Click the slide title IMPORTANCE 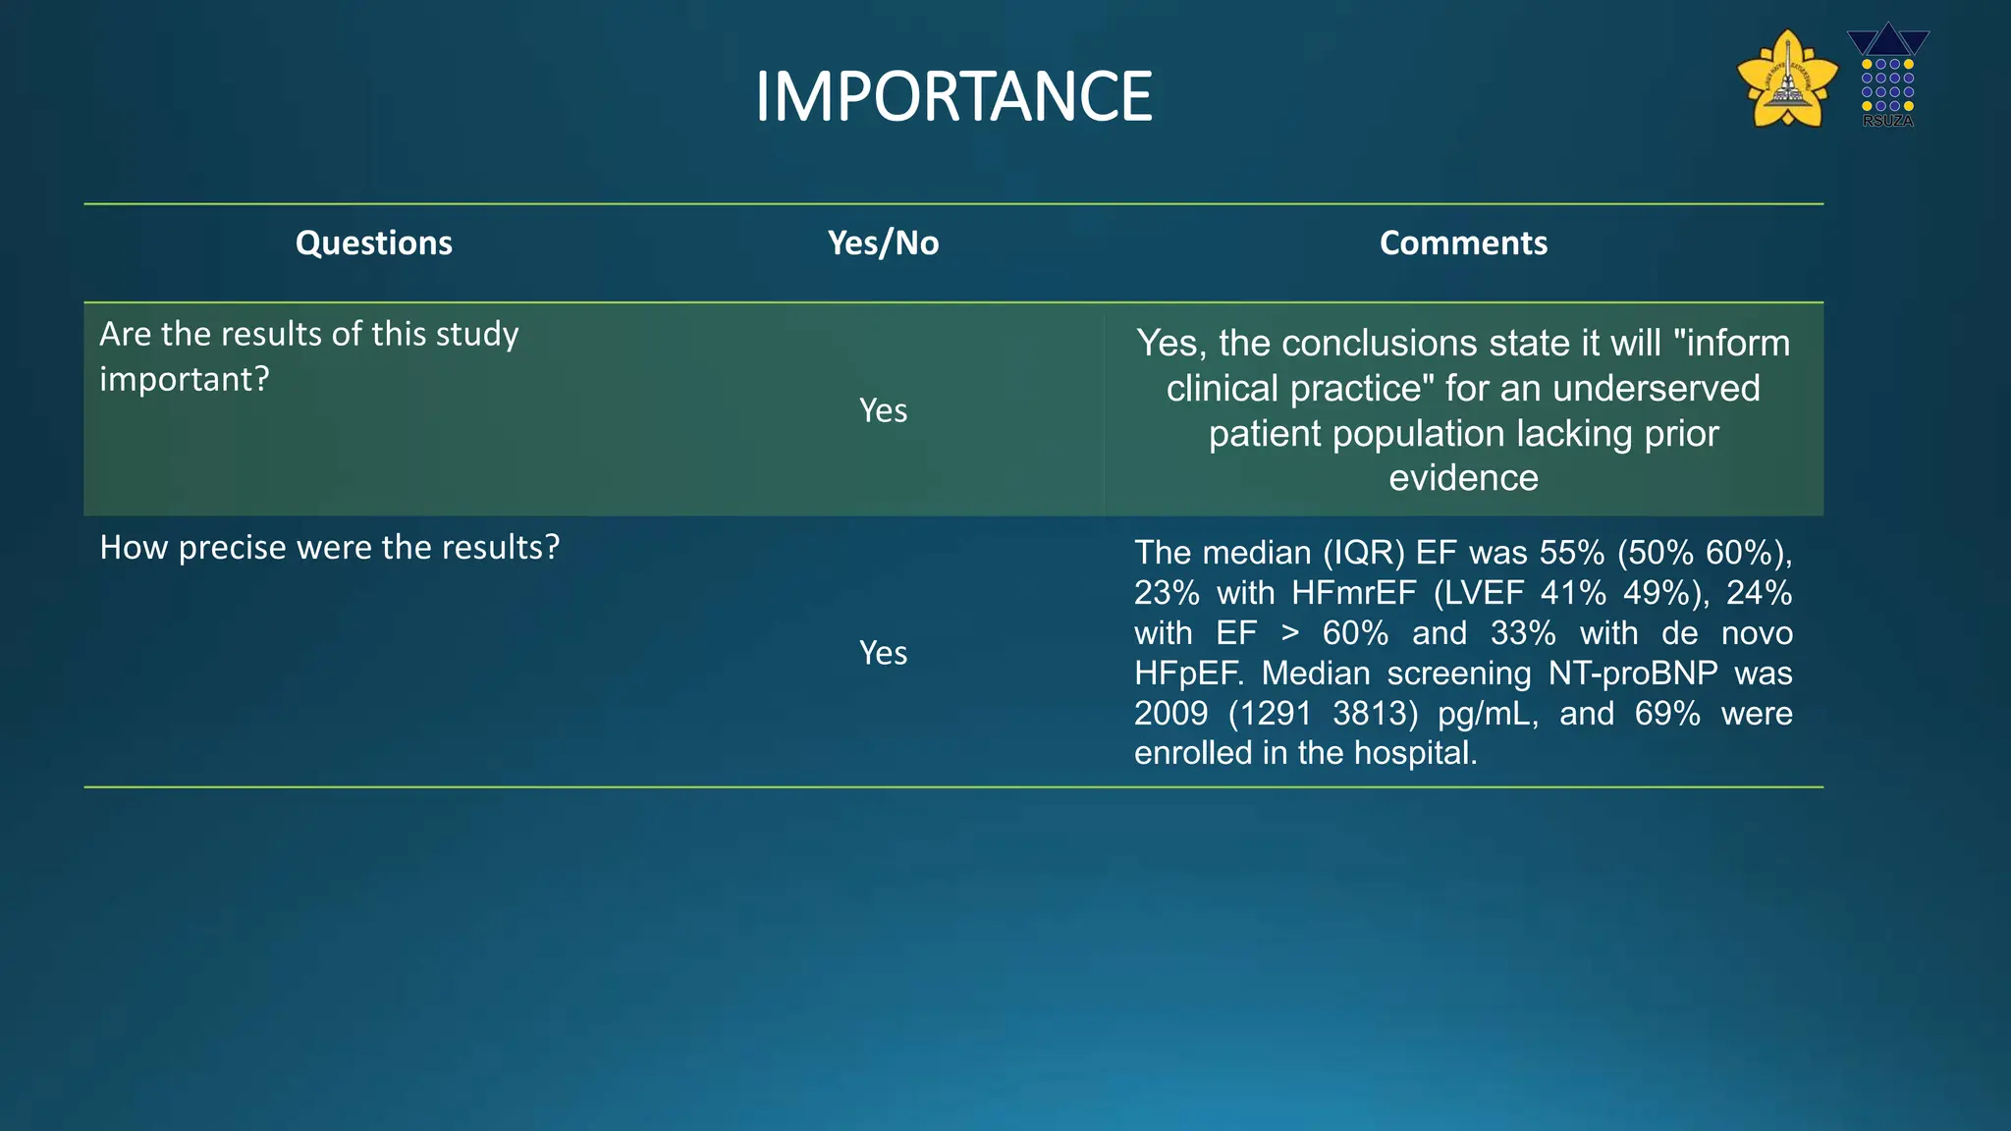(x=952, y=96)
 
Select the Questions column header (x=373, y=242)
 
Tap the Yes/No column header (x=883, y=242)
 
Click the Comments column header (x=1462, y=242)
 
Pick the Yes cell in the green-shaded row (x=883, y=410)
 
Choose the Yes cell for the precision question (x=883, y=653)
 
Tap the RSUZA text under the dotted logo (x=1887, y=121)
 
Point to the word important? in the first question (x=184, y=379)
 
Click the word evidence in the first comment (x=1463, y=478)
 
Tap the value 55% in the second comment (x=1571, y=553)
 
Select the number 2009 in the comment (x=1169, y=714)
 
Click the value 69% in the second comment (x=1666, y=714)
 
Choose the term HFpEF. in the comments (x=1188, y=673)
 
